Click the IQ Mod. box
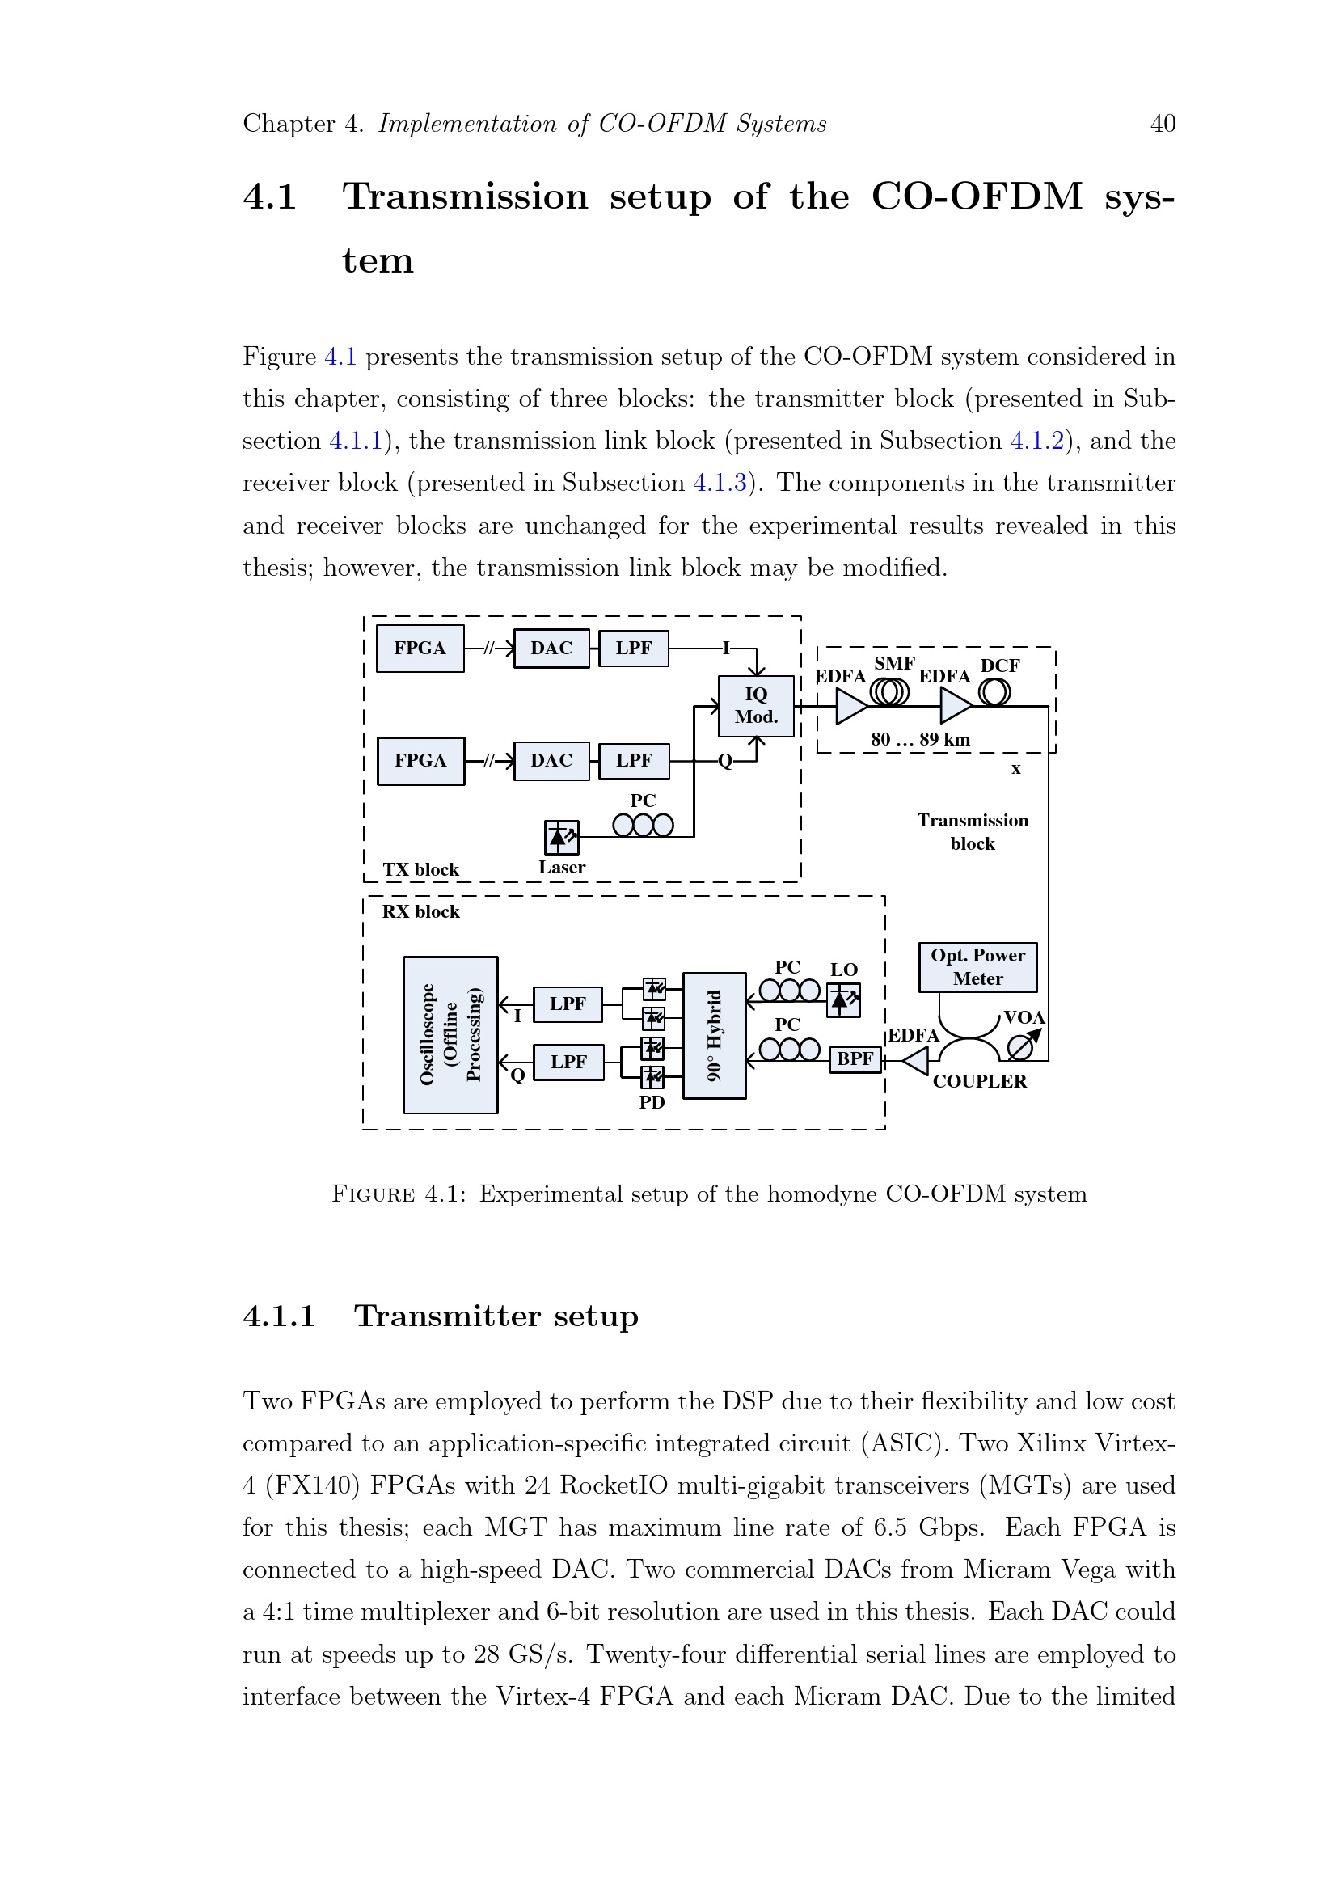coord(756,706)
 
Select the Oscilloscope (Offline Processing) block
coord(450,1034)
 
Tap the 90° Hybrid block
coord(714,1036)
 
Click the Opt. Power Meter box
coord(977,967)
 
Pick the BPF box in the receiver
coord(855,1058)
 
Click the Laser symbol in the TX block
coord(561,838)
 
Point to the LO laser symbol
coord(843,1000)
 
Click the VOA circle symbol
coord(1020,1048)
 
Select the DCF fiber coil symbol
coord(994,691)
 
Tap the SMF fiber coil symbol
coord(889,691)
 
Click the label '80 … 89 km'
coord(920,739)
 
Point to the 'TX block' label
coord(420,870)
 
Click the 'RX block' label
coord(420,912)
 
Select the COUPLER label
coord(979,1082)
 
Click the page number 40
coord(1163,124)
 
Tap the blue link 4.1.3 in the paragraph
coord(720,483)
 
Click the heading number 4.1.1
coord(280,1316)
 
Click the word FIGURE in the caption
coord(373,1194)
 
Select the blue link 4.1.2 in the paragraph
coord(1037,441)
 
